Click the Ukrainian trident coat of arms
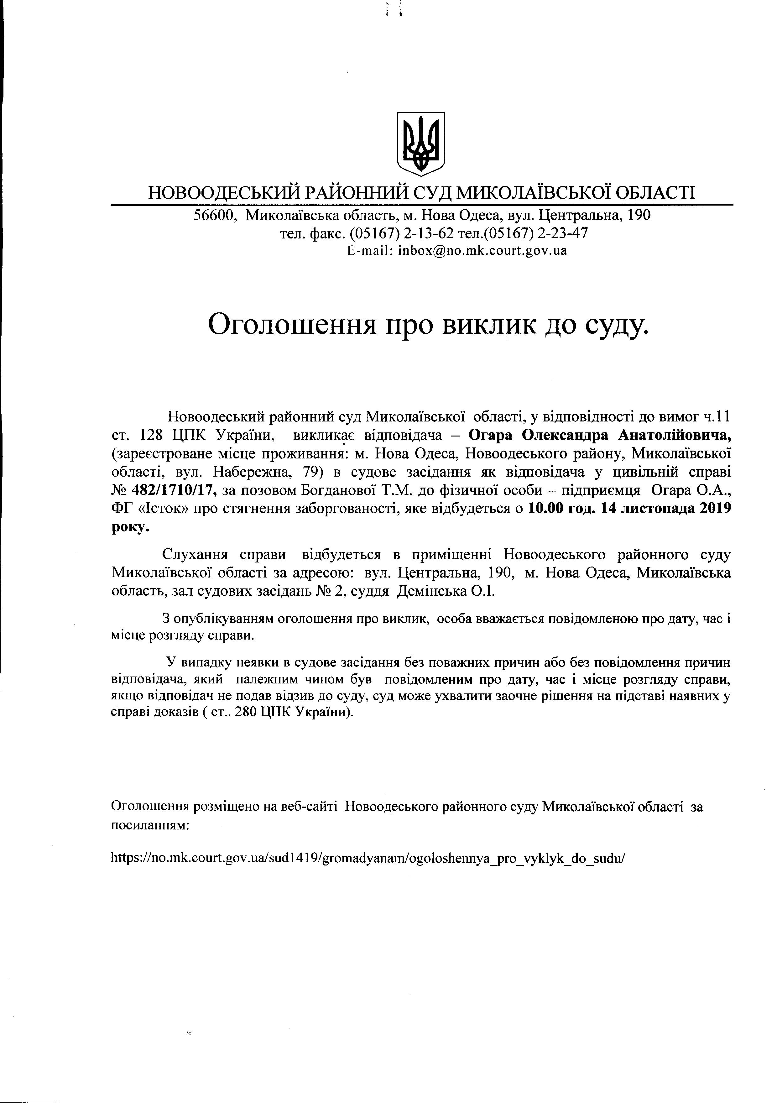[x=421, y=143]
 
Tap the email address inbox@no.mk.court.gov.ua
[x=482, y=250]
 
